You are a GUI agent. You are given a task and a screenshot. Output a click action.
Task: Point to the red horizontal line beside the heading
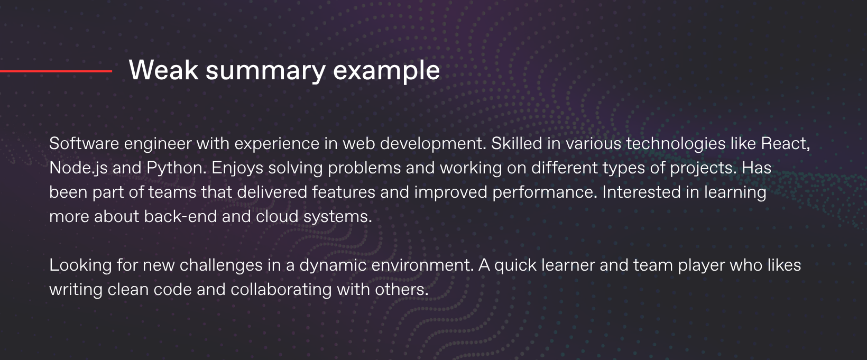point(56,71)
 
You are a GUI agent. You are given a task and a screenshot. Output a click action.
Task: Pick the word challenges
point(221,265)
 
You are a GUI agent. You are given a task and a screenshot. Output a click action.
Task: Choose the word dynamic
point(333,265)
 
